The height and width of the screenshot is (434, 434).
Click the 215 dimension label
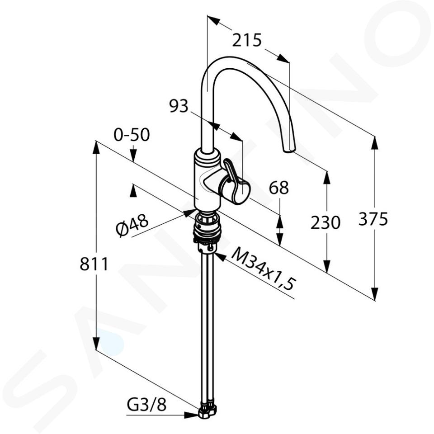pos(247,40)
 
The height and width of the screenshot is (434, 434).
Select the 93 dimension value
pos(179,106)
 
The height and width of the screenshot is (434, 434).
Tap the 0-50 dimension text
pos(132,135)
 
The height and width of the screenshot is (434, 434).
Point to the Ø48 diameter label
pos(132,225)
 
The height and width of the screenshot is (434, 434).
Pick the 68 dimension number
pos(279,187)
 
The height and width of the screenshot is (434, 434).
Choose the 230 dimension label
pos(325,222)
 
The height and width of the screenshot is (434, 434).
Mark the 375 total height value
pos(373,219)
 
